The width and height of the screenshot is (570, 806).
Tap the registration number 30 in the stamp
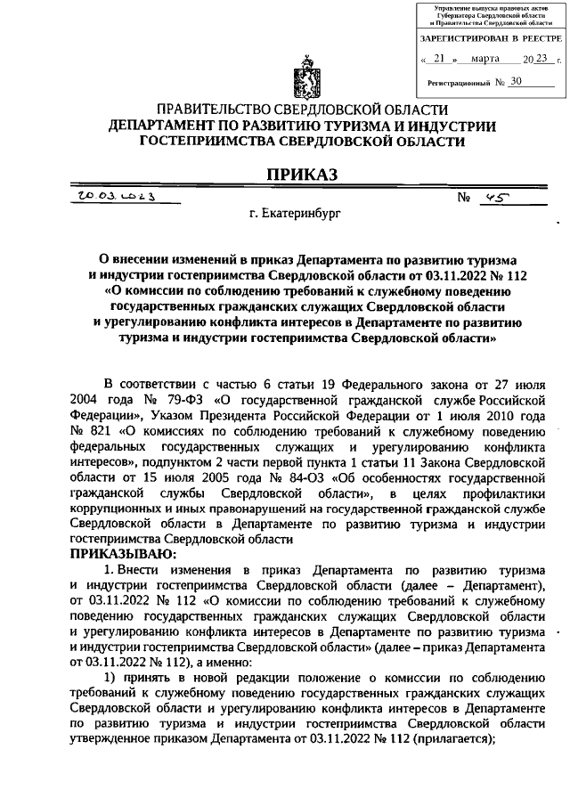pyautogui.click(x=516, y=81)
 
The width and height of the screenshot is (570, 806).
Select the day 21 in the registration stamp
pyautogui.click(x=436, y=60)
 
